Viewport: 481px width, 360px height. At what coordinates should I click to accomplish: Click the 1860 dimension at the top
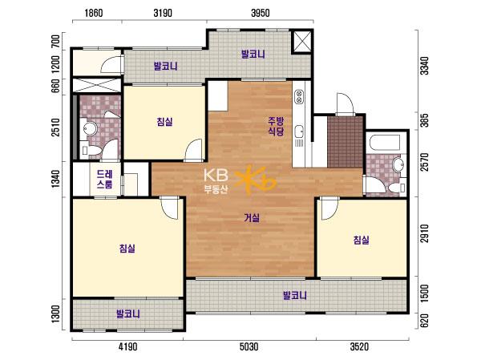coord(94,13)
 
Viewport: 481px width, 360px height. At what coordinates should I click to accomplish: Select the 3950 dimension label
coord(260,13)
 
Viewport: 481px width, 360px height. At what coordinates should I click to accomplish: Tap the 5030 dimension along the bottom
coord(249,347)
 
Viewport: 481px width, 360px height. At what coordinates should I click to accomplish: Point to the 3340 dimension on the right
coord(425,66)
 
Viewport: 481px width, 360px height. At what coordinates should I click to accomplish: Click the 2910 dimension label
coord(425,233)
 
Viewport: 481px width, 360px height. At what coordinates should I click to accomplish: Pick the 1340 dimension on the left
coord(56,179)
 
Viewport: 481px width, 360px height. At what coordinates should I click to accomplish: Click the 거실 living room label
coord(252,218)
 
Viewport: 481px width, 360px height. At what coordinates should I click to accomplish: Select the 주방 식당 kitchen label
coord(276,126)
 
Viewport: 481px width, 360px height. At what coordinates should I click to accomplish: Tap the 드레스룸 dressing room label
coord(104,180)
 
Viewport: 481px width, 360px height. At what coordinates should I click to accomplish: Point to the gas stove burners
coord(299,96)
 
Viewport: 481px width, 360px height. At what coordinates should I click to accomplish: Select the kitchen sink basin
coord(298,131)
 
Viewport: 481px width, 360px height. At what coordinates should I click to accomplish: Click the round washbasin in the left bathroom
coord(90,128)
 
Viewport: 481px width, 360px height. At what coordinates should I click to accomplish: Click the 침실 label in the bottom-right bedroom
coord(361,240)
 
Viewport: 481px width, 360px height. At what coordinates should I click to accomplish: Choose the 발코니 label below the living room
coord(295,296)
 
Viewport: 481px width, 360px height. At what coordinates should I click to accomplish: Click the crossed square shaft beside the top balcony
coord(301,42)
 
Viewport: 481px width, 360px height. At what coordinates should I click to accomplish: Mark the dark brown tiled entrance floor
coord(345,142)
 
